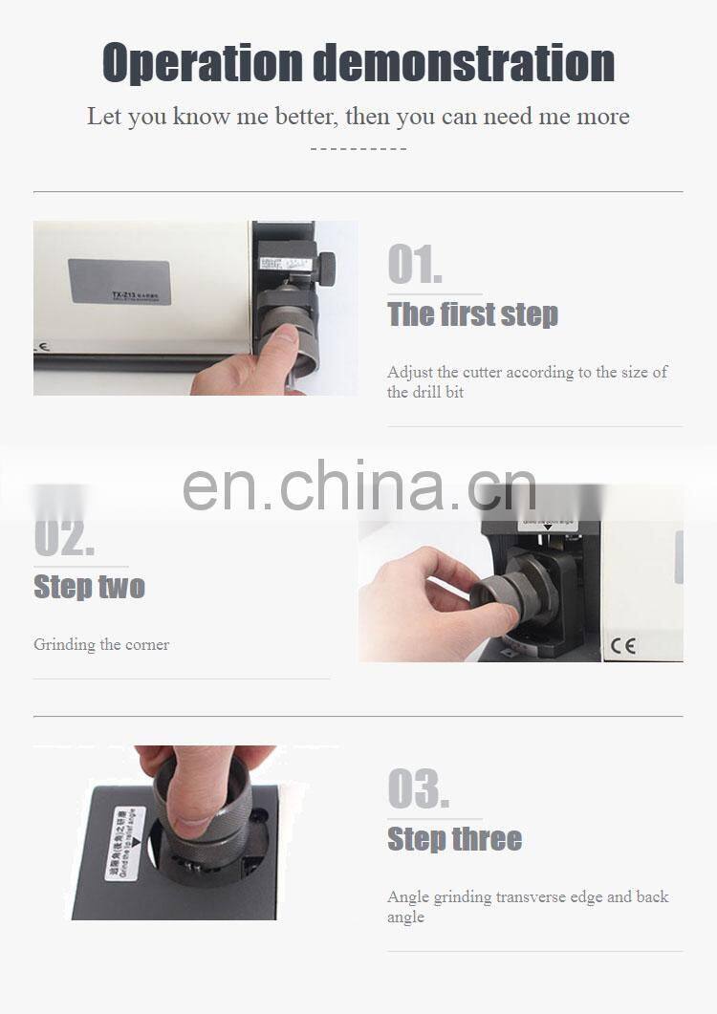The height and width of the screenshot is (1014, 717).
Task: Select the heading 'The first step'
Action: pyautogui.click(x=472, y=314)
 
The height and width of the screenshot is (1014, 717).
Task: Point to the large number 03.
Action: pyautogui.click(x=418, y=789)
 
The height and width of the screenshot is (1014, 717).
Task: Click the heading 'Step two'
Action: pyautogui.click(x=89, y=586)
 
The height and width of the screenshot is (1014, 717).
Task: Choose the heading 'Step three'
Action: pyautogui.click(x=454, y=839)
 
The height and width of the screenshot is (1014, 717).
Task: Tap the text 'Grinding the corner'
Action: pyautogui.click(x=101, y=645)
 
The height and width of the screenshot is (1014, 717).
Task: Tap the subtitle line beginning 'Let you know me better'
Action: pyautogui.click(x=358, y=117)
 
